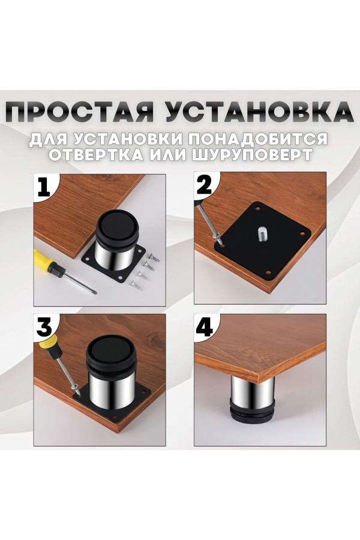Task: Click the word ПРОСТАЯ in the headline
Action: pos(80,112)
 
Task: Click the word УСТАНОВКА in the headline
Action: pos(259,112)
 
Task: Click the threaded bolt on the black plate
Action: pos(261,232)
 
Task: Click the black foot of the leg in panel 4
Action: pos(251,411)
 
